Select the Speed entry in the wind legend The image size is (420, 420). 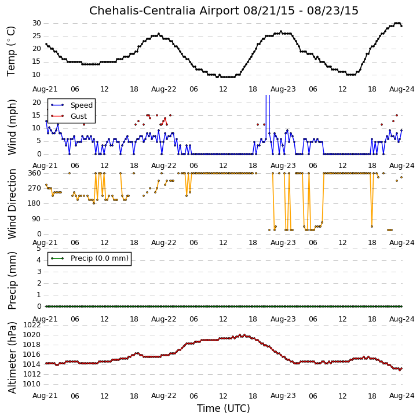[82, 105]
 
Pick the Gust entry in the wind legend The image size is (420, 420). [78, 116]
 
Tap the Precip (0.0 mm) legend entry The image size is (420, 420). [100, 258]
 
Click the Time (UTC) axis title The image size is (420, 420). [224, 408]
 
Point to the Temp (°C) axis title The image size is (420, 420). [11, 52]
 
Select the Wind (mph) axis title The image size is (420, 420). [12, 127]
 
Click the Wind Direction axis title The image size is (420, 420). [12, 204]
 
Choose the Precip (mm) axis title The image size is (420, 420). [12, 281]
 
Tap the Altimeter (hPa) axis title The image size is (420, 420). [12, 357]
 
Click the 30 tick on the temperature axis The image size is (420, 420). [36, 23]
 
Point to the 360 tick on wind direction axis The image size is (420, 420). [35, 173]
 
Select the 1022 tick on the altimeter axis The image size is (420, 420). [32, 325]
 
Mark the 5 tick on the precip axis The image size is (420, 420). [39, 249]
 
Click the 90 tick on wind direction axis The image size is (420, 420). [36, 219]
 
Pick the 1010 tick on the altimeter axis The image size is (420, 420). [32, 384]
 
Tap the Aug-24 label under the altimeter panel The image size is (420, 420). [401, 396]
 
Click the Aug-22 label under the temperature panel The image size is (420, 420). [164, 89]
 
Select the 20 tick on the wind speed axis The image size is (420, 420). [36, 103]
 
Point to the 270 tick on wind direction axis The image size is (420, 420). [35, 188]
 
